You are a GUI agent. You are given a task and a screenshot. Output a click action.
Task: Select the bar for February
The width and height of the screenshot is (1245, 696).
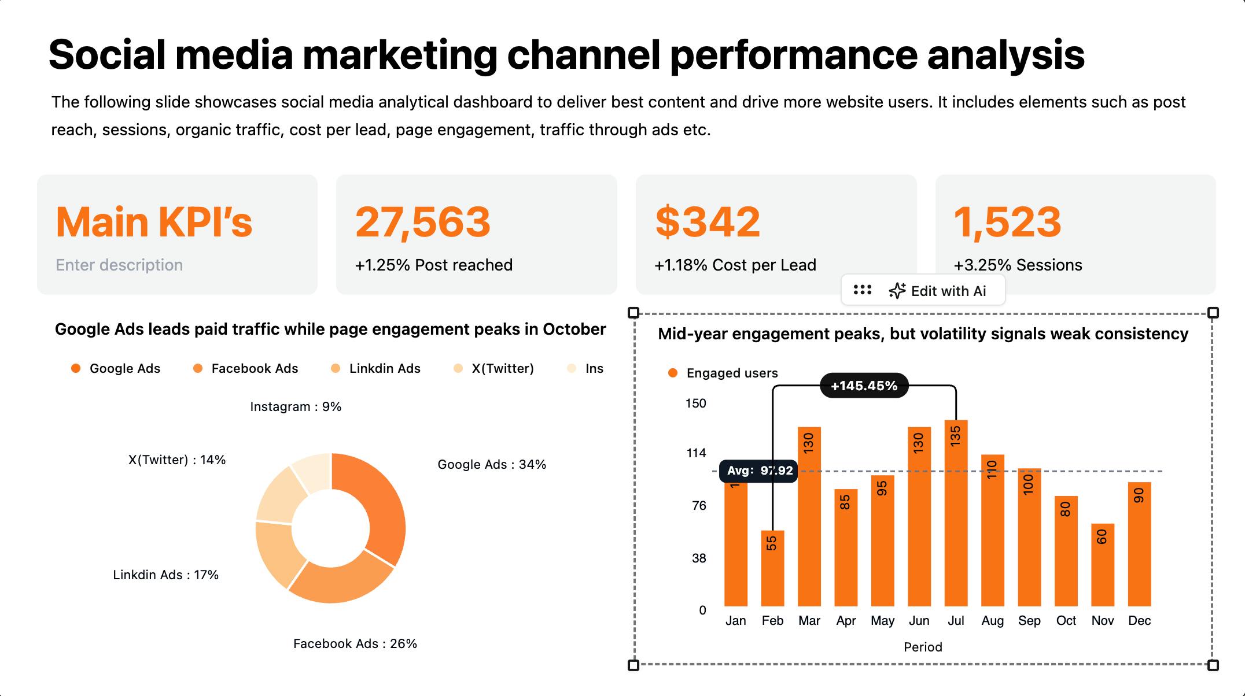[x=772, y=568]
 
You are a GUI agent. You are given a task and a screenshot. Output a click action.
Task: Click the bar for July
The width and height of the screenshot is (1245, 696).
[x=956, y=513]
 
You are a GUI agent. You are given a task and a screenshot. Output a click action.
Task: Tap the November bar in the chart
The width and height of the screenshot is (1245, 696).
[x=1103, y=564]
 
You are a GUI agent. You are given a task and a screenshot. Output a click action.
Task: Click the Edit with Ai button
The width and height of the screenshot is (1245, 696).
[x=937, y=291]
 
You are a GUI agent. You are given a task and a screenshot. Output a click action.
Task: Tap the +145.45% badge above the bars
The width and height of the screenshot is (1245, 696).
[x=864, y=386]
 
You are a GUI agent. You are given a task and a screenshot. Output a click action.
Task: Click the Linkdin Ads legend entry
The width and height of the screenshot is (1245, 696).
[x=375, y=368]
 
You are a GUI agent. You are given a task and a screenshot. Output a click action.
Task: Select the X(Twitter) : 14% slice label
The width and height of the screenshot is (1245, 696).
[x=177, y=460]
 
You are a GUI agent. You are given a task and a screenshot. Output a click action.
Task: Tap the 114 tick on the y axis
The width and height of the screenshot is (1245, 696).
[x=696, y=453]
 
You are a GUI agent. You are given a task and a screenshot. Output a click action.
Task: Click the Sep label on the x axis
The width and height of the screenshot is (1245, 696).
[x=1029, y=620]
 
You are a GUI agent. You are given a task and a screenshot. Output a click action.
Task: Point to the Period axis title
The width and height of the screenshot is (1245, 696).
[x=923, y=647]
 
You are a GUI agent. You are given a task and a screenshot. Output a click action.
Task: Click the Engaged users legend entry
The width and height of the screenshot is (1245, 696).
[x=723, y=373]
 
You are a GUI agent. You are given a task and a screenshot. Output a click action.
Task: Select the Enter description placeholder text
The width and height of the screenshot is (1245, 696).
[x=119, y=265]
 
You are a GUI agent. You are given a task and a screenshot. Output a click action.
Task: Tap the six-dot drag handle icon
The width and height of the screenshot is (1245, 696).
[x=863, y=290]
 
